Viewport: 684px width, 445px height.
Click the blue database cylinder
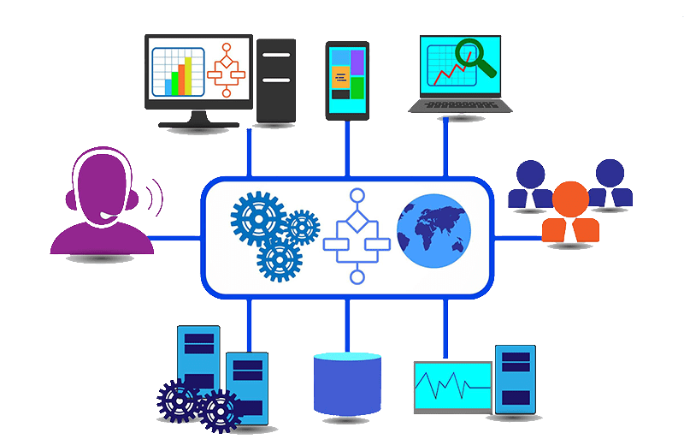346,383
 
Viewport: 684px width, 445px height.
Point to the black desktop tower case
276,80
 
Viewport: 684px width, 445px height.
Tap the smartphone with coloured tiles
346,79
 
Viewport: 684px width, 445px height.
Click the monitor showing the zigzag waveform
452,387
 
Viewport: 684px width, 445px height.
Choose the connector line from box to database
346,323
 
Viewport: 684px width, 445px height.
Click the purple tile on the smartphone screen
357,61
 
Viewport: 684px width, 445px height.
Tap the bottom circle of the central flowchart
357,276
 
